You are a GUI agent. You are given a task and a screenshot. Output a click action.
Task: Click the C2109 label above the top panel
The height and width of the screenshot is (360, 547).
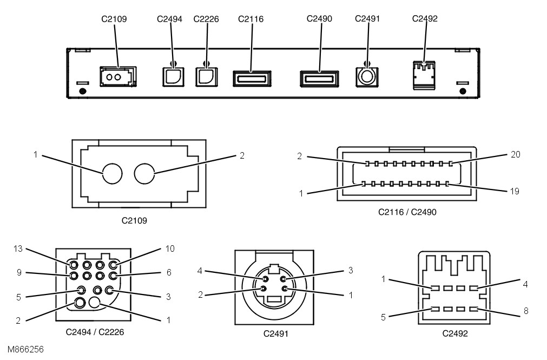[x=114, y=19]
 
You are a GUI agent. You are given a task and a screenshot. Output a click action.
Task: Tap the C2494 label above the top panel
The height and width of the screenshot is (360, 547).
[x=169, y=19]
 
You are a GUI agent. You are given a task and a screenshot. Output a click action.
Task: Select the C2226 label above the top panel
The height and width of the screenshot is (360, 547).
[x=206, y=19]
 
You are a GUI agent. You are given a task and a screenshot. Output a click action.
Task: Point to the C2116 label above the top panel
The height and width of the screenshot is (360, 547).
[x=251, y=19]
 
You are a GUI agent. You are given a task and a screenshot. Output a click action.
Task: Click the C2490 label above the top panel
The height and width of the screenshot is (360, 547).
[x=319, y=19]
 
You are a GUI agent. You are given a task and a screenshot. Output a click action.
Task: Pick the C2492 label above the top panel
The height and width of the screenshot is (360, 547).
[x=425, y=19]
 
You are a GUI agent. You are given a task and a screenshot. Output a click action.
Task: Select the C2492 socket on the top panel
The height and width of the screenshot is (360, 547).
[x=424, y=75]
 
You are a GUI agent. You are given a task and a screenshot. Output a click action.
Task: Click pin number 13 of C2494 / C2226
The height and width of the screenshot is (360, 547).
[x=74, y=265]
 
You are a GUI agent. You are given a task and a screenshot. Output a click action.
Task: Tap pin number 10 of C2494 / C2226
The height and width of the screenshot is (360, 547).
[x=113, y=265]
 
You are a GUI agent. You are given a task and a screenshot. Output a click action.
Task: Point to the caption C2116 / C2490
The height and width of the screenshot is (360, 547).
[x=407, y=212]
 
